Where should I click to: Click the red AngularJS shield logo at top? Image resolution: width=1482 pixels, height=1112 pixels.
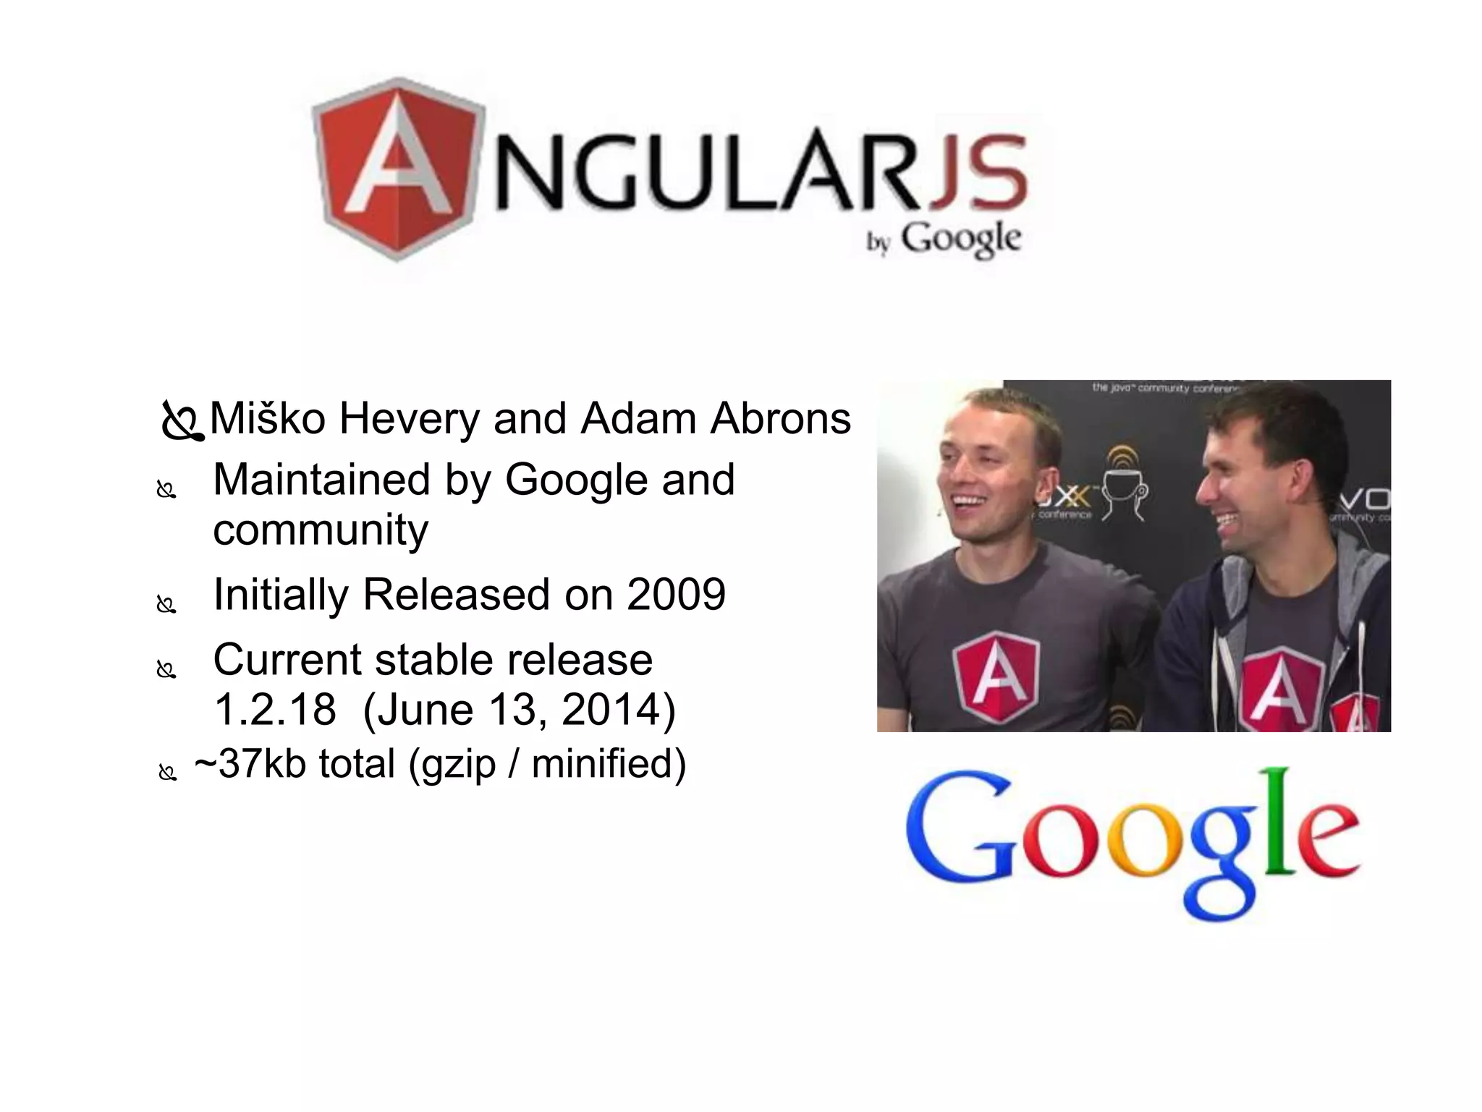[x=397, y=168]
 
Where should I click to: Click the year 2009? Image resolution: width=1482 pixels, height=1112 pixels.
[x=676, y=595]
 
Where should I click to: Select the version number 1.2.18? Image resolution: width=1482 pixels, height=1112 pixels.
[x=275, y=710]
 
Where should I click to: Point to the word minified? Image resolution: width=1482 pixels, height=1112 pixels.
[x=608, y=764]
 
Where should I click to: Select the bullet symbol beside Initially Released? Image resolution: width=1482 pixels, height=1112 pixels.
[x=166, y=603]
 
